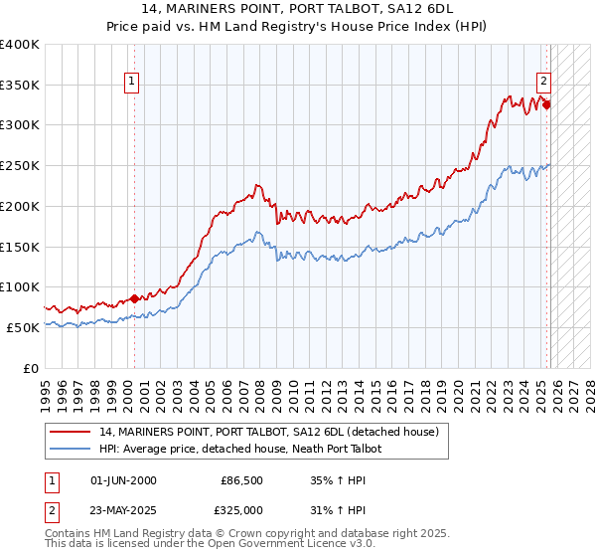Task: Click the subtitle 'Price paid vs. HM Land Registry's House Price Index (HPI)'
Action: [298, 27]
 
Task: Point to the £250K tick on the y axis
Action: [20, 165]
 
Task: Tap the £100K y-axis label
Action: [20, 286]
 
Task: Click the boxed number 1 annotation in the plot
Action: [133, 84]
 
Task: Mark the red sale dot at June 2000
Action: [134, 298]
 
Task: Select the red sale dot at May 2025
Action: [547, 103]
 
